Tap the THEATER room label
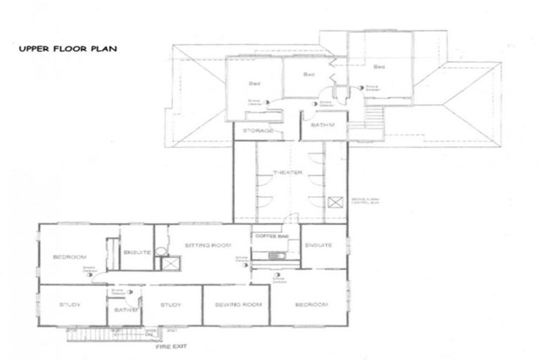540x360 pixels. (288, 172)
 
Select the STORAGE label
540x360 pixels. (258, 131)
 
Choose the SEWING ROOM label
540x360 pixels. (235, 304)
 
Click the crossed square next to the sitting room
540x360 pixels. (169, 264)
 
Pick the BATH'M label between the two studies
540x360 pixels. (118, 310)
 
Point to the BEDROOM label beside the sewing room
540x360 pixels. (311, 304)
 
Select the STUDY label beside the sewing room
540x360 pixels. (171, 304)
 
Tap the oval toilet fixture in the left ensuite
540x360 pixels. (161, 250)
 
